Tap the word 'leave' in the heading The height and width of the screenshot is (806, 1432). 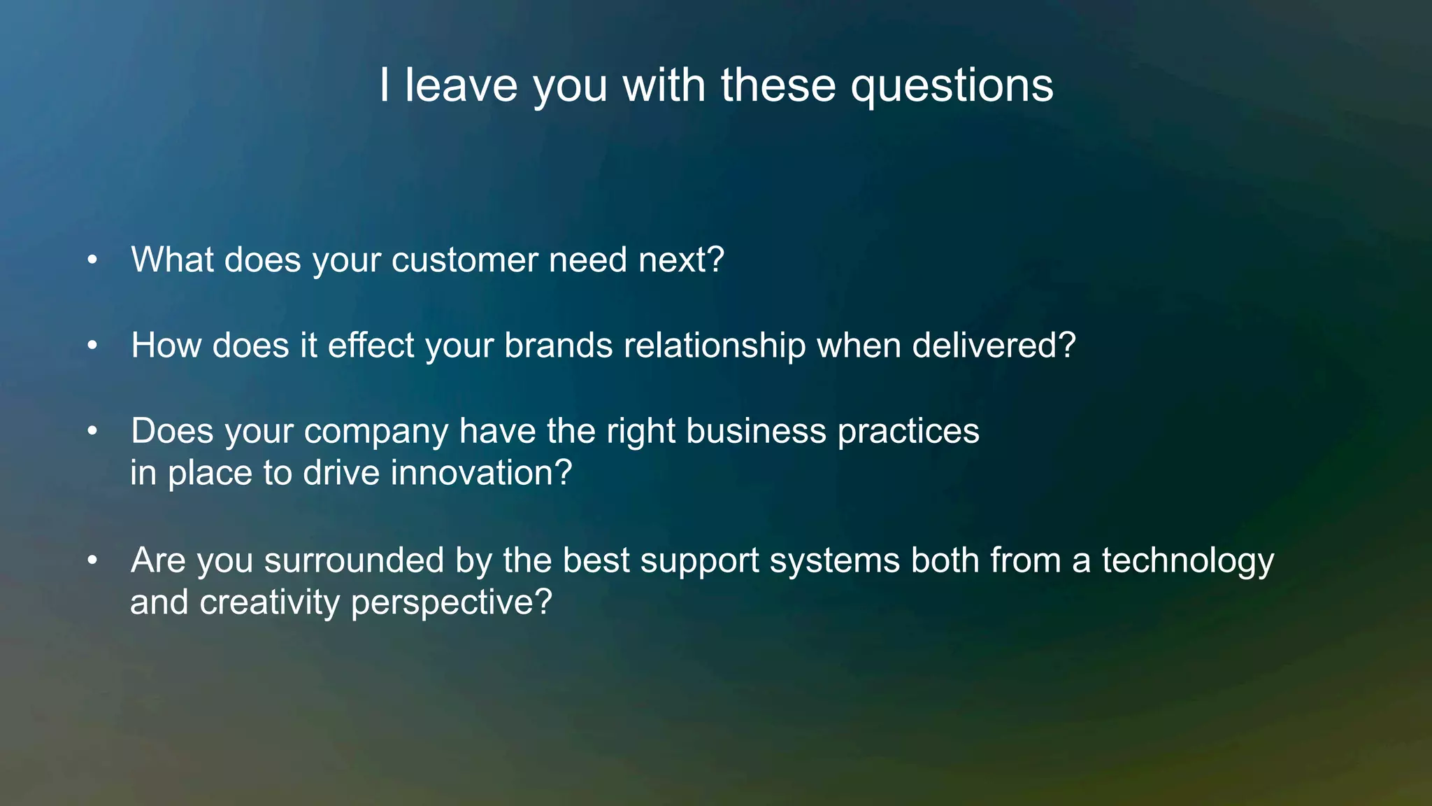pos(461,85)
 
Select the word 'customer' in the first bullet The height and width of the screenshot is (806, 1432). pos(464,260)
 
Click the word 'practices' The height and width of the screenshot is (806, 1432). pos(908,431)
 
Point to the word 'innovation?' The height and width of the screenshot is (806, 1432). pos(481,473)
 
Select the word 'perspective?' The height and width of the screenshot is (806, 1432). pos(451,603)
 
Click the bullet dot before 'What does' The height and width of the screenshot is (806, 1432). pos(92,260)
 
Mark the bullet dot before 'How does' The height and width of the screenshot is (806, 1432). pos(92,346)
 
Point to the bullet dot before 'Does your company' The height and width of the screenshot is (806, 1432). pos(92,432)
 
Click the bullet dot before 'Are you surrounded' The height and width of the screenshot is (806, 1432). pos(92,560)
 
